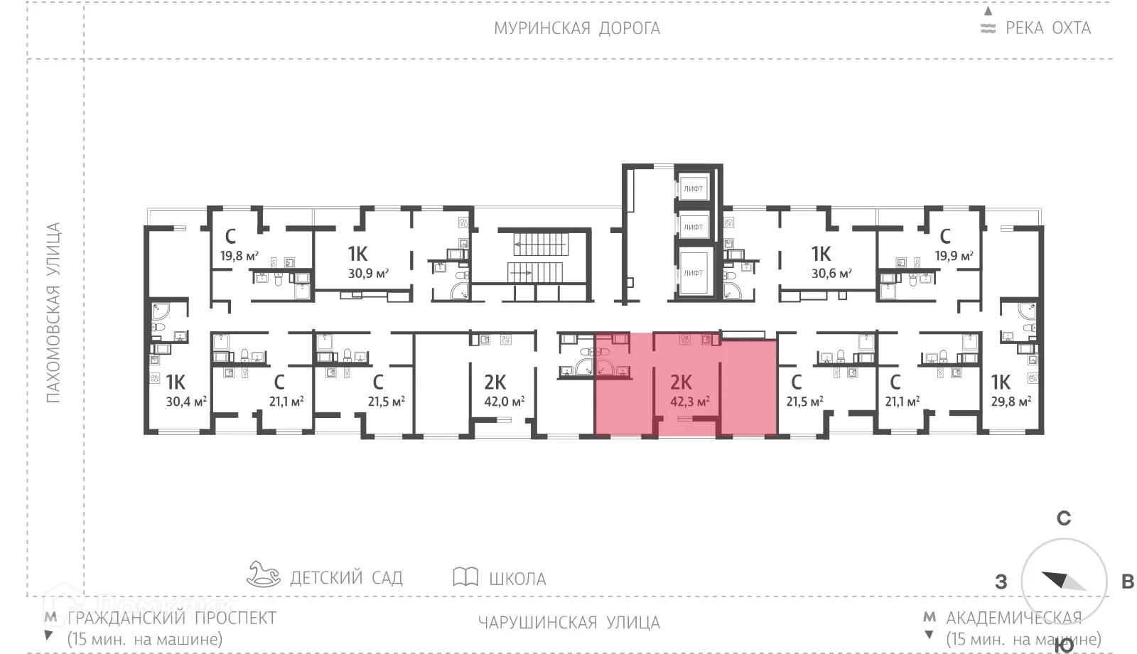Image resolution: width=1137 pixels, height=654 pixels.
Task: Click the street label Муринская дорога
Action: tap(576, 28)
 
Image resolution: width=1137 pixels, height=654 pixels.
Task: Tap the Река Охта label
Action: tap(1047, 28)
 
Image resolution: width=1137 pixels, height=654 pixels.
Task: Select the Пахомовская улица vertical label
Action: tap(53, 313)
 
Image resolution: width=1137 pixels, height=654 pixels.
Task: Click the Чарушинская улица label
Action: tap(568, 623)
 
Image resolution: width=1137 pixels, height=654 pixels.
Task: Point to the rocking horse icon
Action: tap(264, 574)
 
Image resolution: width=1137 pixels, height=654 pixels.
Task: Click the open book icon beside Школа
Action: tap(465, 577)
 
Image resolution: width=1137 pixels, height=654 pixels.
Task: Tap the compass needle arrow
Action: tap(1063, 581)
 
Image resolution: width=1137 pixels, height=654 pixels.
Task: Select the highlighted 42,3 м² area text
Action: tap(690, 402)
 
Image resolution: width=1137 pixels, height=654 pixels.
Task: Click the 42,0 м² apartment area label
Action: tap(504, 402)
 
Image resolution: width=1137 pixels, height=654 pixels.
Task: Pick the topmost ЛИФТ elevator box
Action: tap(693, 188)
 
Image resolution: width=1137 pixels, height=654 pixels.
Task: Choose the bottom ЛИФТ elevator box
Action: tap(693, 272)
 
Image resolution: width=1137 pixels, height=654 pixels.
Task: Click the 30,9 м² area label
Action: tap(368, 273)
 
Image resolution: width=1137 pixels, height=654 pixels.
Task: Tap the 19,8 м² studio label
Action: tap(239, 256)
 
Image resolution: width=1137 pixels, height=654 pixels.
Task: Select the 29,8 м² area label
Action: tap(1011, 402)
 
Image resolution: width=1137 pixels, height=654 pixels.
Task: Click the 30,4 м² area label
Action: tap(186, 402)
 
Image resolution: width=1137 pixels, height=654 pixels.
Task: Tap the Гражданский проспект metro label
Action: tap(171, 618)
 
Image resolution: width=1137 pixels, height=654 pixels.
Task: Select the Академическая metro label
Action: tap(1013, 618)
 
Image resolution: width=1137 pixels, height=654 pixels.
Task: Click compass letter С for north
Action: tap(1063, 518)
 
